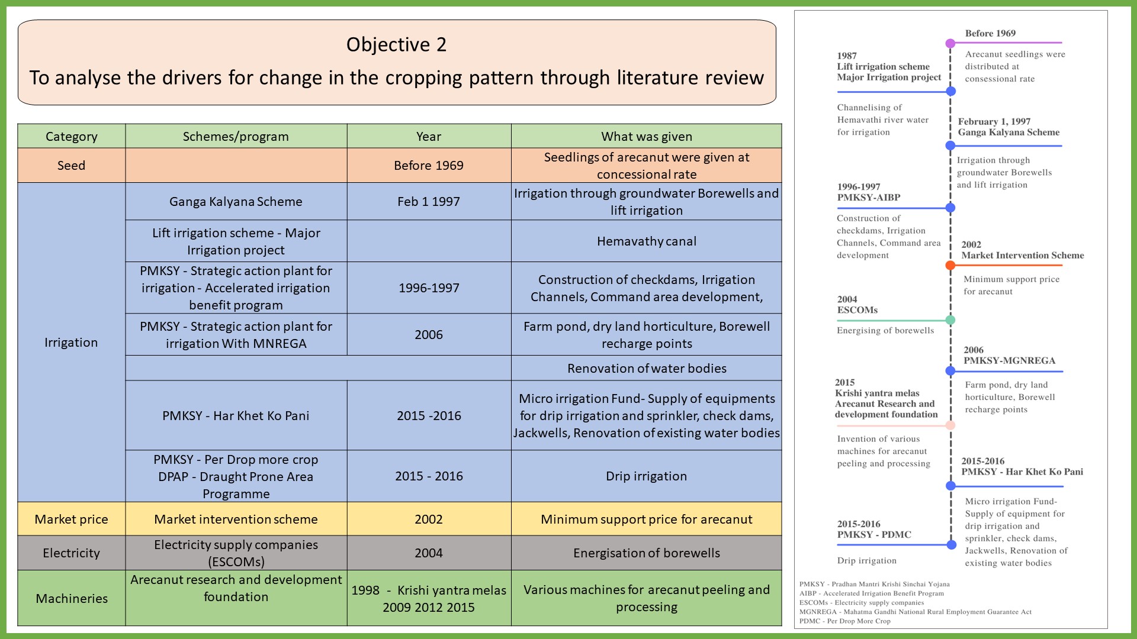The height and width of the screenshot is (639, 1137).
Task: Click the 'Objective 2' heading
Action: tap(396, 44)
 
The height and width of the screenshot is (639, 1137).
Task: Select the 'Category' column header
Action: tap(71, 136)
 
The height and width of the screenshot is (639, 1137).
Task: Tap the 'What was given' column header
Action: tap(646, 136)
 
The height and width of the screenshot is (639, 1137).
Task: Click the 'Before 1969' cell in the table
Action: tap(428, 165)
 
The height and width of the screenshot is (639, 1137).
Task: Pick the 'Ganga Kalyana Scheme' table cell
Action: tap(236, 201)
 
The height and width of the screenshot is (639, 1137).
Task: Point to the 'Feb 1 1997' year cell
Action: tap(428, 201)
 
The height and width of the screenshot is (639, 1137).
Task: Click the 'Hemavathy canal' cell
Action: tap(646, 241)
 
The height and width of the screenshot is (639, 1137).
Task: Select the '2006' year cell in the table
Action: tap(428, 334)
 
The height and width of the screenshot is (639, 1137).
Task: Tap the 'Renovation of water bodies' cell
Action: tap(646, 368)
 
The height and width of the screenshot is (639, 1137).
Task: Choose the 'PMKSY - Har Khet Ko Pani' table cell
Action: tap(236, 415)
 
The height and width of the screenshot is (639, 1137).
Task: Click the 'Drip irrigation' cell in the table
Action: tap(646, 476)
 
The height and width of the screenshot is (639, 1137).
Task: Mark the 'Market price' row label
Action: tap(71, 519)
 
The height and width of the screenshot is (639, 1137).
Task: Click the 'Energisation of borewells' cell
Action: tap(646, 553)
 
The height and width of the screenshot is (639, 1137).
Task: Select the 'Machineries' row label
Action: tap(71, 598)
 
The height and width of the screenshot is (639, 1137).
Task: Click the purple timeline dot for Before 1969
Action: tap(950, 43)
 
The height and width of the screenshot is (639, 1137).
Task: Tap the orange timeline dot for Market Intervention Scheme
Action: tap(950, 265)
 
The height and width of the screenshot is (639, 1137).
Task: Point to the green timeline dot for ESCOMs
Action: tap(950, 320)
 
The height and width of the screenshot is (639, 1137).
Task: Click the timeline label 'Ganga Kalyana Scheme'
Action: tap(1008, 133)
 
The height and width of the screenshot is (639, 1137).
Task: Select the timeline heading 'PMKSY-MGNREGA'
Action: tap(1009, 360)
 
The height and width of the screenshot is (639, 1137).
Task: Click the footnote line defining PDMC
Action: tap(844, 621)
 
